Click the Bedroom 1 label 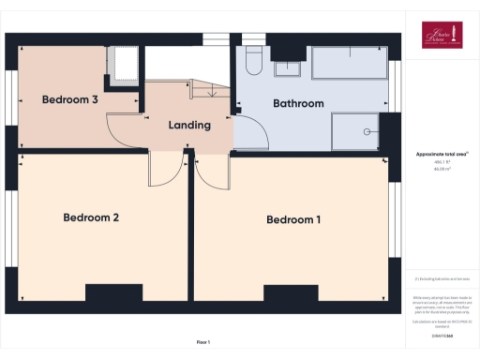[x=293, y=220]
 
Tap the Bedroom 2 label [x=91, y=217]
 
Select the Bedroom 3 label [x=70, y=98]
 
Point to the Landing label [x=188, y=125]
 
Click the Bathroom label [x=298, y=103]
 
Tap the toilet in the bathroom [x=251, y=62]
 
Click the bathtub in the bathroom [x=350, y=63]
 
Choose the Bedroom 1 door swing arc [x=214, y=171]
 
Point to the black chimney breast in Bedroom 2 [x=113, y=293]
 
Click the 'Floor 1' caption [x=203, y=341]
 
